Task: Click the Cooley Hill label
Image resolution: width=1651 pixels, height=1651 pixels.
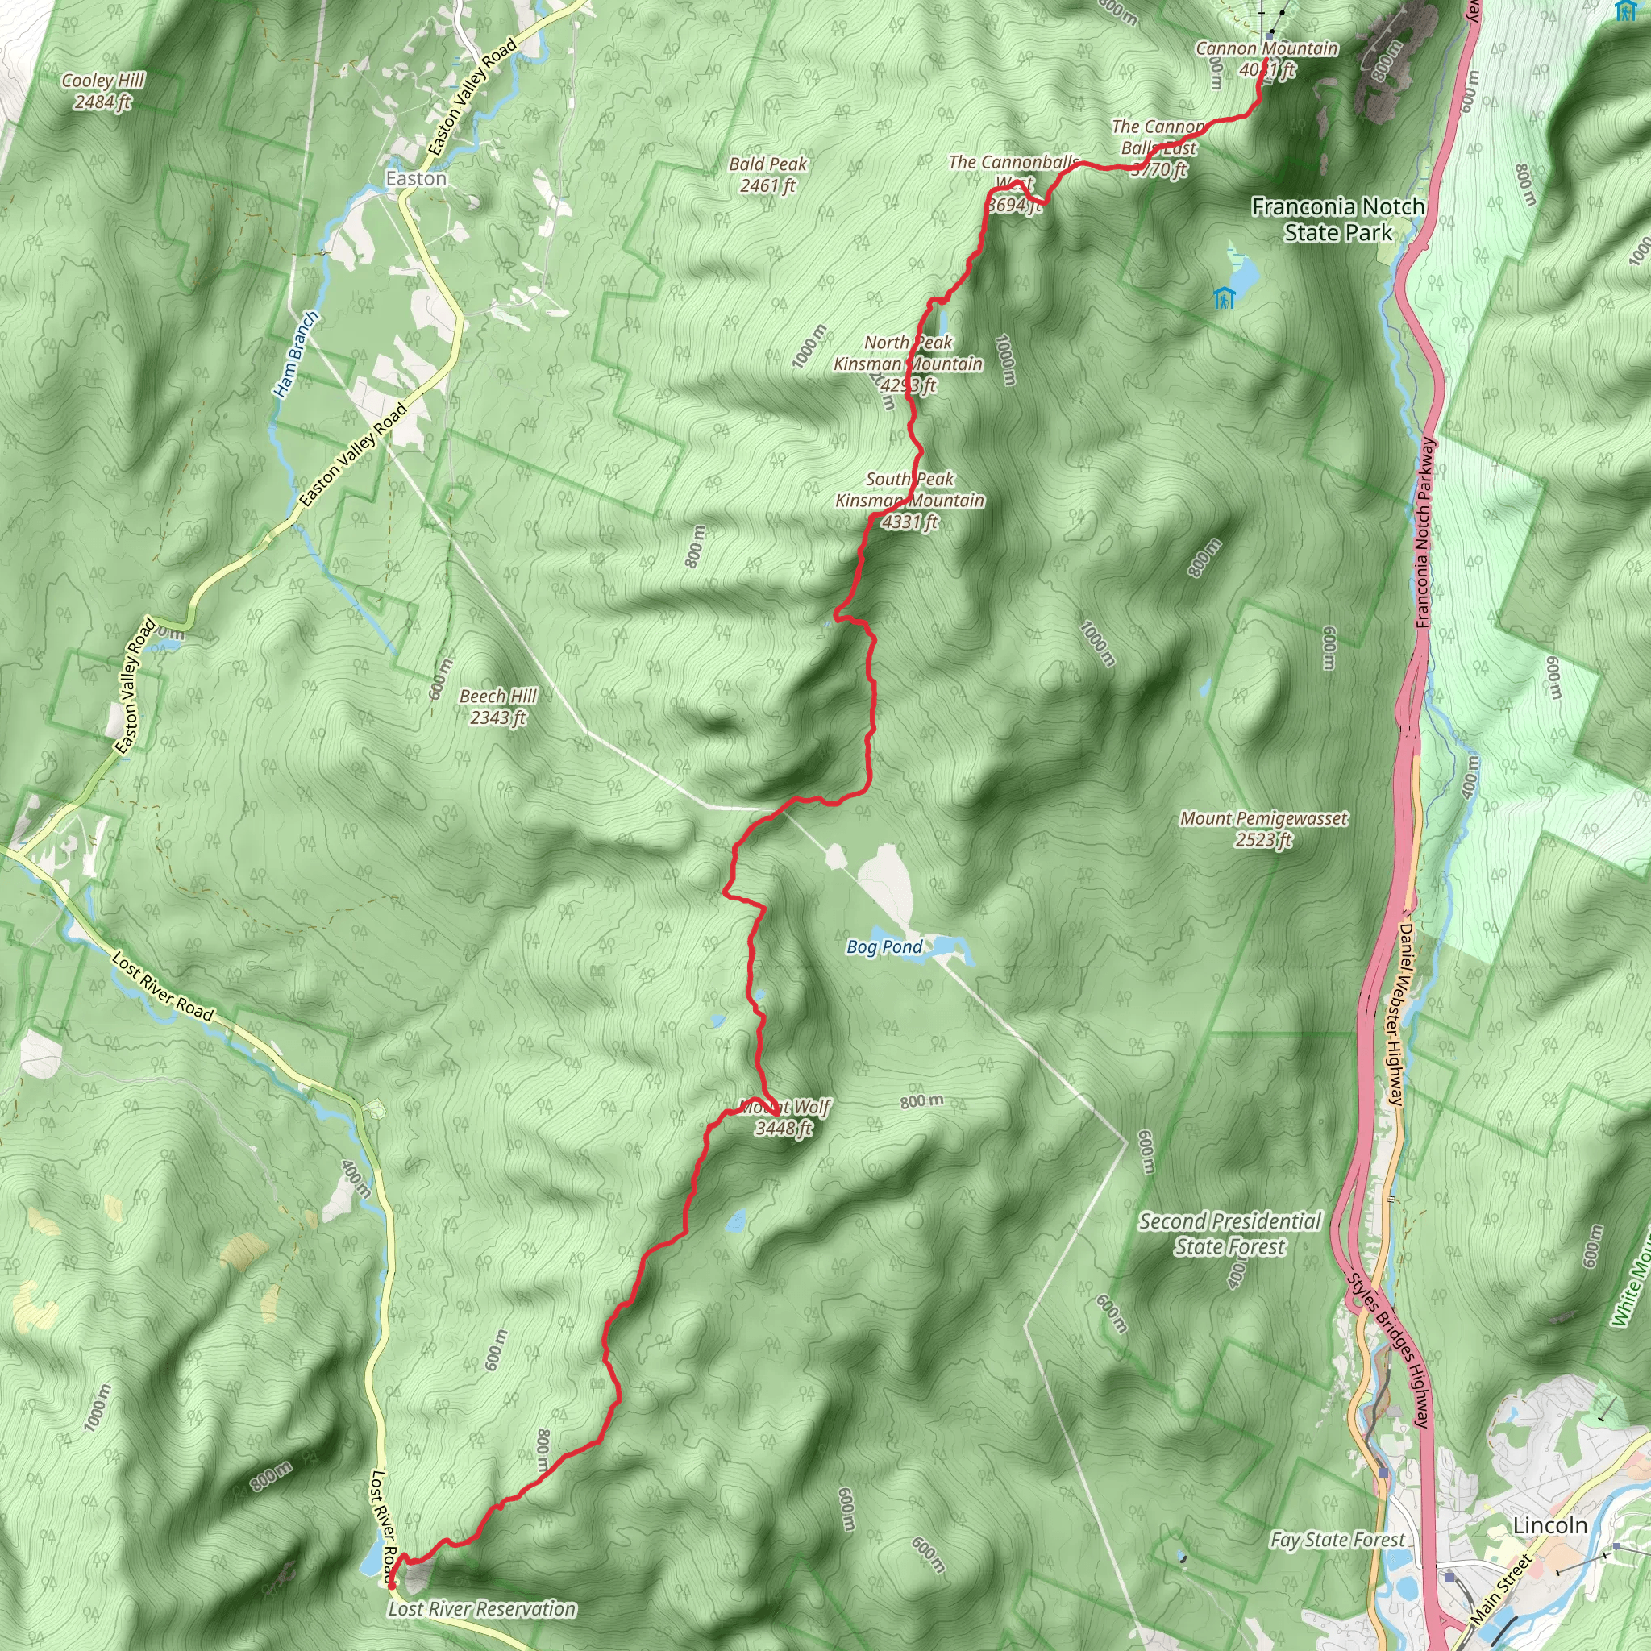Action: pyautogui.click(x=103, y=90)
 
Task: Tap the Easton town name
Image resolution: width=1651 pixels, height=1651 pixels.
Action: pyautogui.click(x=415, y=179)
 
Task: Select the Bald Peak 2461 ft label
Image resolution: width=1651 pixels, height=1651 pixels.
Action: pyautogui.click(x=767, y=174)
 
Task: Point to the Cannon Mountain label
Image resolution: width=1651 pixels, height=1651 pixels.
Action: pyautogui.click(x=1266, y=58)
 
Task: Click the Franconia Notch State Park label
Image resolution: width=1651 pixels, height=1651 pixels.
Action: pyautogui.click(x=1337, y=219)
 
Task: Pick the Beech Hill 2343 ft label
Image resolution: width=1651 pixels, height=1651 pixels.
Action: pyautogui.click(x=497, y=707)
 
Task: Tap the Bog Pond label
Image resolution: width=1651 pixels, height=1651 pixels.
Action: pyautogui.click(x=884, y=947)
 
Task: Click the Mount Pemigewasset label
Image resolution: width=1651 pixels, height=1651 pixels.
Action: pyautogui.click(x=1263, y=829)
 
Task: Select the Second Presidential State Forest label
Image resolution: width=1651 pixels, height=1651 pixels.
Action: pyautogui.click(x=1229, y=1234)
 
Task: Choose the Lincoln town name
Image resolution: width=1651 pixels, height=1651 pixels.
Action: pyautogui.click(x=1549, y=1525)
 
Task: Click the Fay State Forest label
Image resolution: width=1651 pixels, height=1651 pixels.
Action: pyautogui.click(x=1337, y=1540)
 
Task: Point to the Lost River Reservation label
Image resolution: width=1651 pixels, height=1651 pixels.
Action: pyautogui.click(x=482, y=1609)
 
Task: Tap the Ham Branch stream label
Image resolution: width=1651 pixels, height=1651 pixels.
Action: pyautogui.click(x=296, y=355)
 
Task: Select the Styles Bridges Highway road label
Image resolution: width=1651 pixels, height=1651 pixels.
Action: pyautogui.click(x=1388, y=1350)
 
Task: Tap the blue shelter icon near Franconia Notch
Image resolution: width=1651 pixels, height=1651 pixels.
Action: pyautogui.click(x=1224, y=298)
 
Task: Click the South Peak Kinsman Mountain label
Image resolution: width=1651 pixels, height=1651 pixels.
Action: pyautogui.click(x=909, y=501)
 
